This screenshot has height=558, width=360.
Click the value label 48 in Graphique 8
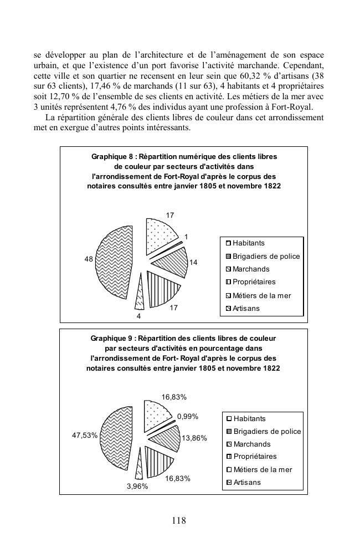point(89,259)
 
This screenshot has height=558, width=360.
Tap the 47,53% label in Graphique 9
point(85,436)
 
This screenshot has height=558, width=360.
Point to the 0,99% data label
point(188,416)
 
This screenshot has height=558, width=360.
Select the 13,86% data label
point(194,438)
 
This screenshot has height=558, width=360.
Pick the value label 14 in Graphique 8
point(194,262)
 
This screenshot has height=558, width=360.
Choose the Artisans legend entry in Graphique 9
point(246,483)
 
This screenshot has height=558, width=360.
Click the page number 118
point(179,520)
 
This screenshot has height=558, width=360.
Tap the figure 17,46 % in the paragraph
point(90,86)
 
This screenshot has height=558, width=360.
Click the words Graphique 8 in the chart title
point(112,157)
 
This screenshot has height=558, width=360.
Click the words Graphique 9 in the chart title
point(112,338)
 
